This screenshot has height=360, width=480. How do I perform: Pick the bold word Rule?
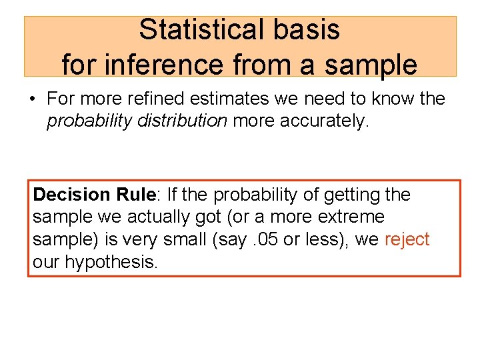[x=135, y=195]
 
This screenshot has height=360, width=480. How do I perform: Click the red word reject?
[x=407, y=239]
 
